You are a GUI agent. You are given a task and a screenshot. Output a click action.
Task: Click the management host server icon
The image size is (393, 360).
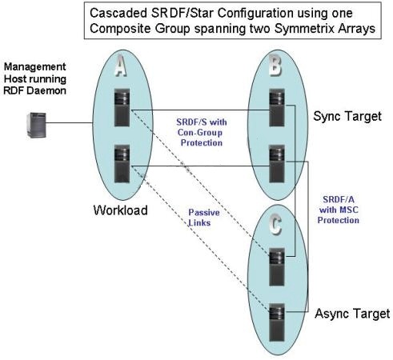click(36, 126)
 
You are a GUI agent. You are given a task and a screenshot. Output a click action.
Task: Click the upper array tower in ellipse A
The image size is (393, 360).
click(122, 107)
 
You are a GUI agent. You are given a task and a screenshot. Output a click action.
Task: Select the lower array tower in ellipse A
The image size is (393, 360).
click(122, 164)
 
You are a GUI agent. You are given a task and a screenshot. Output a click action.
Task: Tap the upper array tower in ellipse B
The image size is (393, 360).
click(277, 107)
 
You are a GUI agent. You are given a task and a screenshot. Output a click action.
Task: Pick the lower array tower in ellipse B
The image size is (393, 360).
click(277, 164)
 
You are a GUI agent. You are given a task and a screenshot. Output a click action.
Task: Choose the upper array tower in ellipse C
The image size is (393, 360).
click(277, 267)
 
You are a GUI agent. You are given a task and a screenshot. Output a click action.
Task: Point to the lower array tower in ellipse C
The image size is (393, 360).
click(277, 322)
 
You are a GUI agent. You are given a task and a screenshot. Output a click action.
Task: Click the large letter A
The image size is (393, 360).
click(121, 66)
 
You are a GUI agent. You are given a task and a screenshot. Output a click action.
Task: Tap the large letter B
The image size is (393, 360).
click(275, 66)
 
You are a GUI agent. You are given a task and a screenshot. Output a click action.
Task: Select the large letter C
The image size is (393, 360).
click(275, 226)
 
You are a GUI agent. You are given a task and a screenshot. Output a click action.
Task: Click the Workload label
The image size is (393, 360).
click(120, 210)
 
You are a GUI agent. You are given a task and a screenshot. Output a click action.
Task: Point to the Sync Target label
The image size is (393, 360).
click(347, 117)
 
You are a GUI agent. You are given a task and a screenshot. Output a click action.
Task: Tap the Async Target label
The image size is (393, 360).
click(352, 314)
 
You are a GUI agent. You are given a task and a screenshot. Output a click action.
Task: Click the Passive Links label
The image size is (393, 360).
click(204, 218)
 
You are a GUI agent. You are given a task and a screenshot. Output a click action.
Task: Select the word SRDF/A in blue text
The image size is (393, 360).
click(339, 199)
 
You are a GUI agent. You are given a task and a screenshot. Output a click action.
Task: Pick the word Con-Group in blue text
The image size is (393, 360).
click(200, 133)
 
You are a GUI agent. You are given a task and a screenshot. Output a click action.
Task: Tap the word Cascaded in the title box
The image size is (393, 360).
click(118, 13)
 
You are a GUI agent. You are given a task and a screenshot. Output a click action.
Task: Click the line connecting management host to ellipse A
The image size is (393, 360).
click(70, 123)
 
